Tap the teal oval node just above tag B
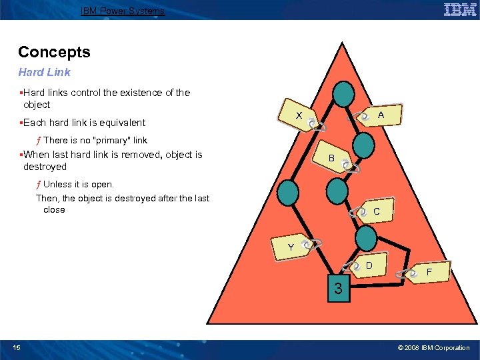363,144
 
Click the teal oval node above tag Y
287,193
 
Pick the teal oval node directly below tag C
365,239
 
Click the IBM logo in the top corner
460,10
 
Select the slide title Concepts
54,52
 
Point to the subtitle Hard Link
44,72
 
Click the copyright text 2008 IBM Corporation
433,348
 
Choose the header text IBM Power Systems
123,11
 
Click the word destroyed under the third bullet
45,167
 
